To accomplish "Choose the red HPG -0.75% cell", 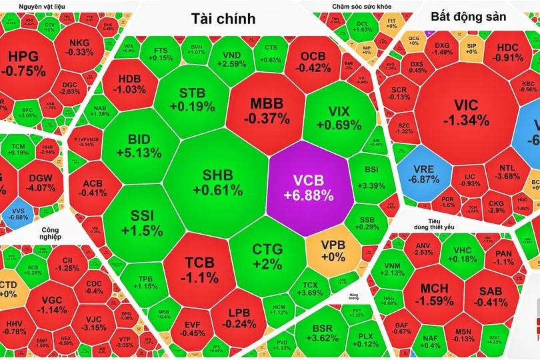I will (x=23, y=63).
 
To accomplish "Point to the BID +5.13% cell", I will (x=139, y=145).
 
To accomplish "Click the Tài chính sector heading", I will (x=223, y=19).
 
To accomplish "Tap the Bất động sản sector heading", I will (x=469, y=16).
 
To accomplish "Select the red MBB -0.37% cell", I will (x=266, y=111).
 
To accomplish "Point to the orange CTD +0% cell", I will (x=9, y=287).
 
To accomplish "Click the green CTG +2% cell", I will (x=267, y=255).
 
